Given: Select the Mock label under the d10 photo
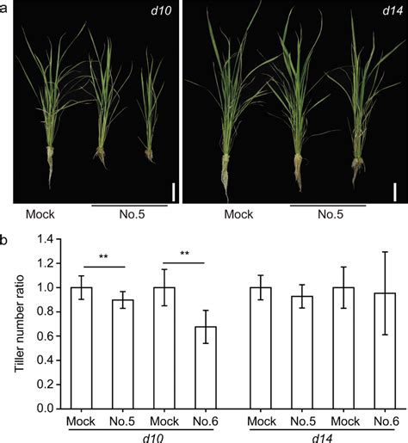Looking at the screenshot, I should [40, 214].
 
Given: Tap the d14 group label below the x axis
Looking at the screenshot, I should [318, 437].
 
